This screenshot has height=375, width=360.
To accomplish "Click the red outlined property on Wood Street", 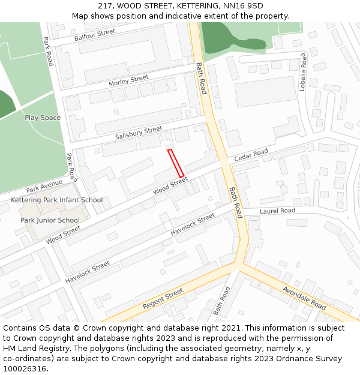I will point(175,163).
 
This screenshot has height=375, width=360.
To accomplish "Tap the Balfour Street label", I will point(95,35).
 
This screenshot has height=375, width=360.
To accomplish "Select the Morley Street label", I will point(128,81).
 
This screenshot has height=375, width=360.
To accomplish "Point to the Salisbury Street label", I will point(139,133).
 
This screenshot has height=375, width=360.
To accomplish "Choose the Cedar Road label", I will point(251,155).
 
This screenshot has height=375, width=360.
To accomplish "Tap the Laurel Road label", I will point(277,211).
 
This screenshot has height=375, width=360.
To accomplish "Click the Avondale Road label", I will point(304,298).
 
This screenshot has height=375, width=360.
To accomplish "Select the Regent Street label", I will point(163,299).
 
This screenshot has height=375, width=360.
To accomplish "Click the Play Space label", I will point(43,118).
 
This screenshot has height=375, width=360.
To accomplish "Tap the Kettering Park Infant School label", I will point(57,200).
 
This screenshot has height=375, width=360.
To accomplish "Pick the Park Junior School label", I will point(50,220).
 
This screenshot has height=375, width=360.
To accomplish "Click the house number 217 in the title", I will point(104,6).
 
